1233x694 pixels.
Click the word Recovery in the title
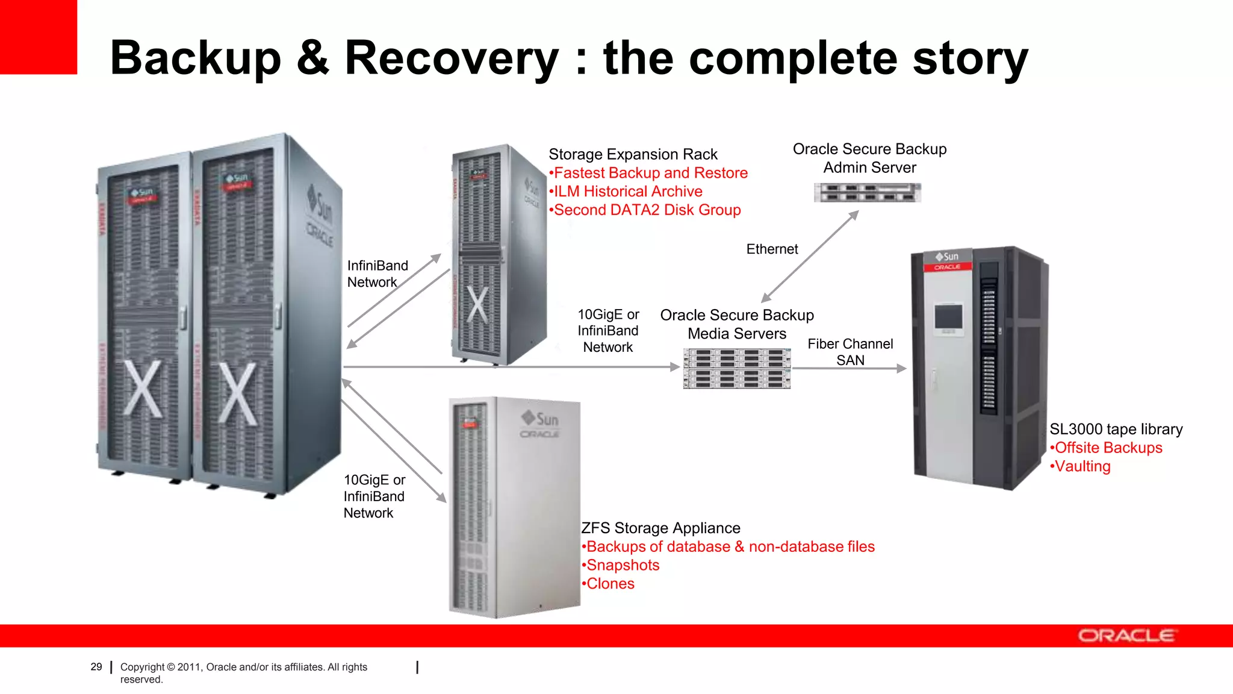pos(452,58)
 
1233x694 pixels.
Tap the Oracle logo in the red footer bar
pos(1126,636)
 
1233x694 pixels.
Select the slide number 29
pos(96,667)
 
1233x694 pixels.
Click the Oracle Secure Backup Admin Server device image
pos(867,193)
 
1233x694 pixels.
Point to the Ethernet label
pos(772,249)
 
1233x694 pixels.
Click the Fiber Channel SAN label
pos(850,352)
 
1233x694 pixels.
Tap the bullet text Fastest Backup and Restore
pos(650,173)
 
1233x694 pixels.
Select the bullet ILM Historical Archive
pos(627,192)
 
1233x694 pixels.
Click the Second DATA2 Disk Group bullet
pos(647,210)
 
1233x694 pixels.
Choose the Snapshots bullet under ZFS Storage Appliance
pos(623,565)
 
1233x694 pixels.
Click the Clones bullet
pos(610,584)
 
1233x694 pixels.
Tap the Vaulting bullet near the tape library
pos(1082,466)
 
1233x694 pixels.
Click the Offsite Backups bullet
pos(1108,448)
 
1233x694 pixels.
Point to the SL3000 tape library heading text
pos(1116,429)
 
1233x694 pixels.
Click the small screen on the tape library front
pos(948,317)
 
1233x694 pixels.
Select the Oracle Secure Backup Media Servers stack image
pos(737,369)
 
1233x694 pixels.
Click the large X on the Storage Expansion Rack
pos(478,305)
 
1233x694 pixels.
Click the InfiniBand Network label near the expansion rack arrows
pos(377,274)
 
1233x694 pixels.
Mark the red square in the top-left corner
pos(38,36)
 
